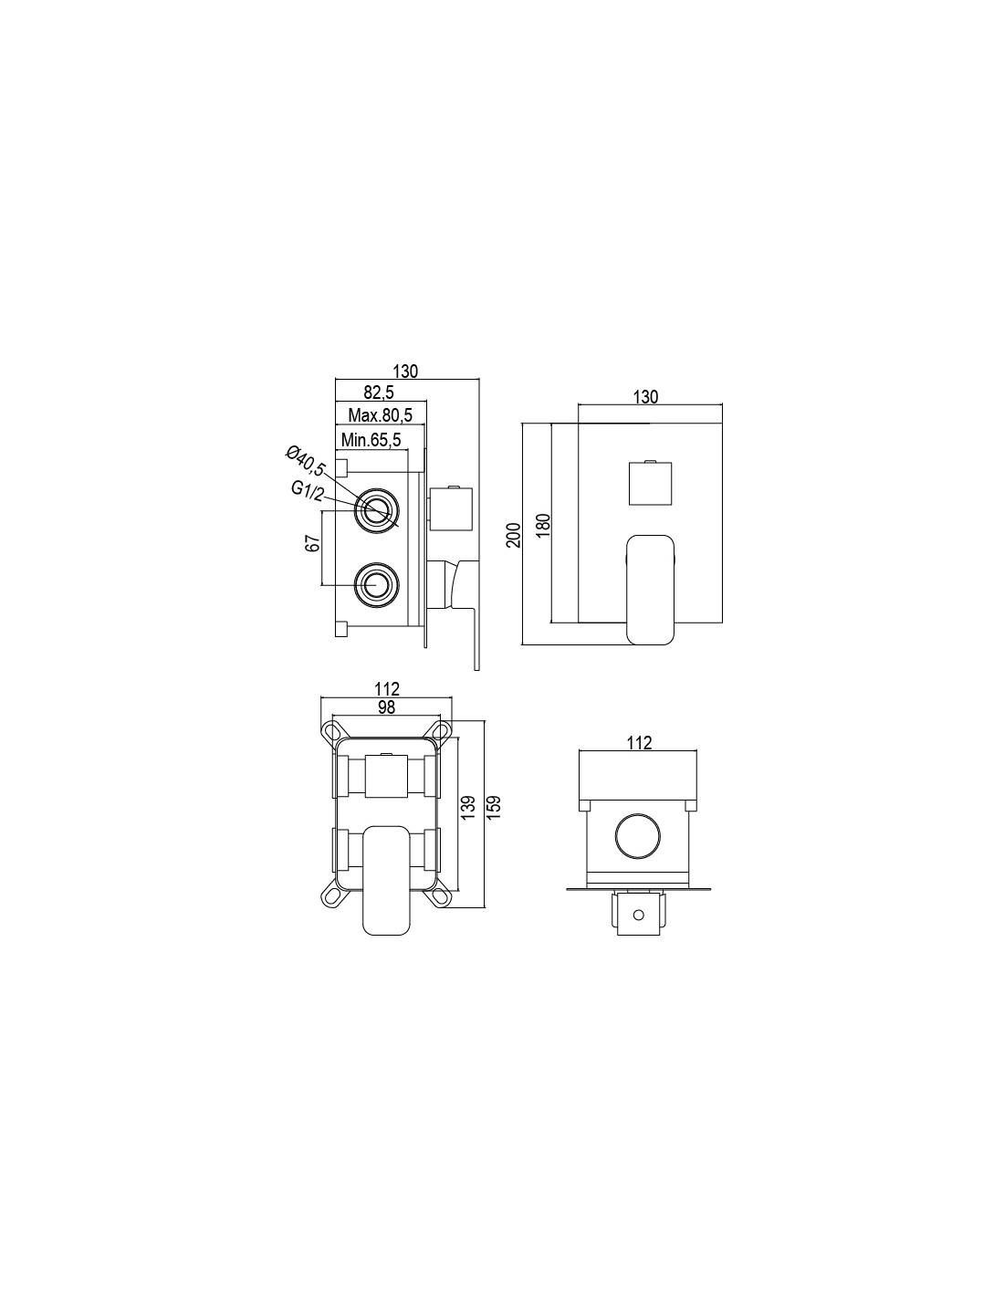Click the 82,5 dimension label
379,392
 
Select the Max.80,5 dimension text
380,414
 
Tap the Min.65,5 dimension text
371,440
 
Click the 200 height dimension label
514,535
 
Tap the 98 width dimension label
386,707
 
